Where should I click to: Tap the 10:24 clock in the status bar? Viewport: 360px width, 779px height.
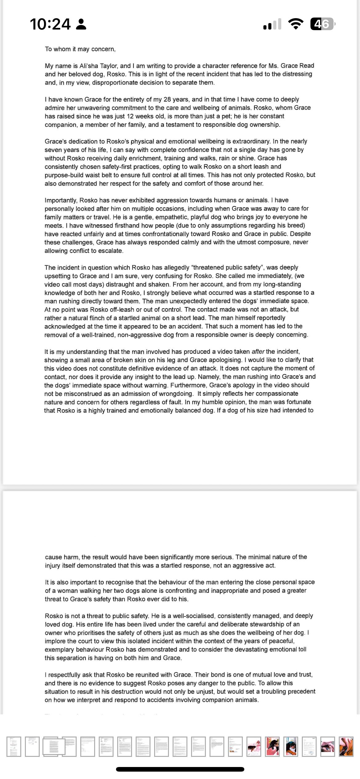coord(50,24)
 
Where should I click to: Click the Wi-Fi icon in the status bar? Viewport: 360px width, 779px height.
coord(296,24)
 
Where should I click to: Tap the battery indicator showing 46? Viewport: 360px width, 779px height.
coord(322,24)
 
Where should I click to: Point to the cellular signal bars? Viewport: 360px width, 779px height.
coord(272,25)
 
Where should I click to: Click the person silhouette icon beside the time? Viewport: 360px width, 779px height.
coord(81,24)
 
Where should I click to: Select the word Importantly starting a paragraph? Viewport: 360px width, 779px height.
coord(61,200)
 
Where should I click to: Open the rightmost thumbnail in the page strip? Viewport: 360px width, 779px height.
coord(346,746)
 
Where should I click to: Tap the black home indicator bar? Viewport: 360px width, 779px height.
coord(180,769)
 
